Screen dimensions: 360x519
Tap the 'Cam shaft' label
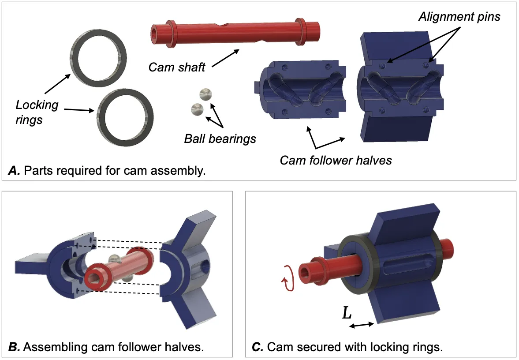[x=177, y=67]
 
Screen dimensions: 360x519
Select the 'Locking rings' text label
[x=37, y=112]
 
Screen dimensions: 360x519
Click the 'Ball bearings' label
[x=220, y=139]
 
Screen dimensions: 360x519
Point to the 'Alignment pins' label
[x=459, y=17]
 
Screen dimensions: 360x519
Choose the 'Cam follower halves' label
[x=336, y=160]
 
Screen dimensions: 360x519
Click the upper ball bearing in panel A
[x=205, y=94]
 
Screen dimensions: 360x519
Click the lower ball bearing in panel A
[x=195, y=109]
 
